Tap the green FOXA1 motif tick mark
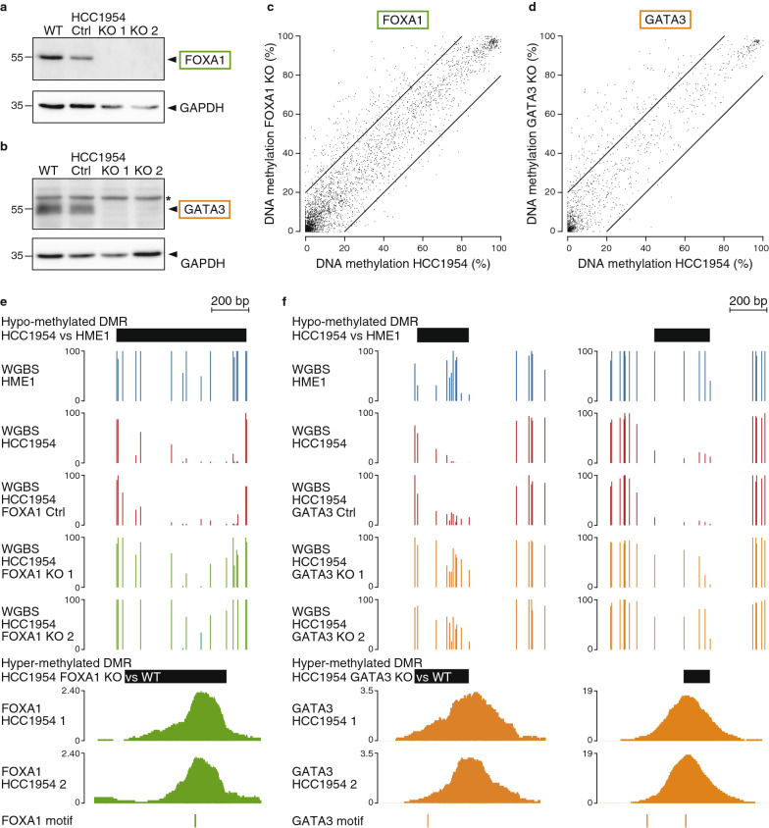tap(195, 794)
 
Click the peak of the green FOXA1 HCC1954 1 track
tap(203, 639)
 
